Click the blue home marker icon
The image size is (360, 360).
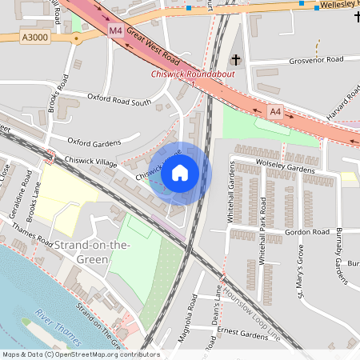(x=180, y=172)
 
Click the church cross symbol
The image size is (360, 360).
(x=236, y=60)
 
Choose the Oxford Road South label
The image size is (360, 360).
(x=119, y=102)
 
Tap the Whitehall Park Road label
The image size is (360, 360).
(x=261, y=241)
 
